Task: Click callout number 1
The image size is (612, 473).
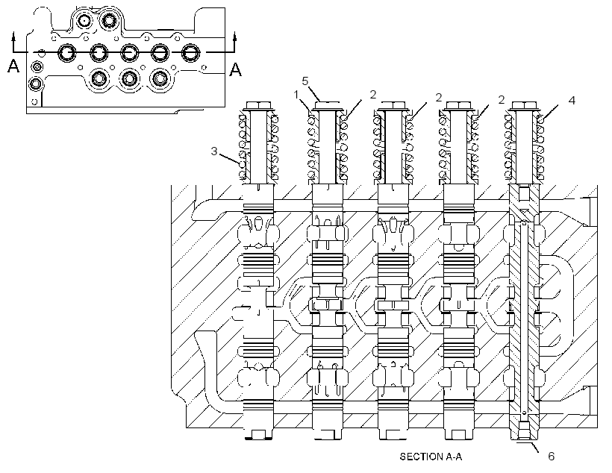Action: coord(296,95)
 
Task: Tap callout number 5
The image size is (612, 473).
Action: coord(305,81)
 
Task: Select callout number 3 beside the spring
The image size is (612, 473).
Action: coord(214,151)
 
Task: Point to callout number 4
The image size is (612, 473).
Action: coord(572,100)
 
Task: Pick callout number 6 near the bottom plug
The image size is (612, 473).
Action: coord(552,457)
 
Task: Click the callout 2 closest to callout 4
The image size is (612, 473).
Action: coord(502,100)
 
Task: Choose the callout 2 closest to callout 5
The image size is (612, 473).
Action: coord(373,95)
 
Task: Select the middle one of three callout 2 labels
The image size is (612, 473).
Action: coord(439,98)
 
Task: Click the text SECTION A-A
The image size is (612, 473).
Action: coord(431,457)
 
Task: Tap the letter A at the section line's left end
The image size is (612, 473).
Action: coord(13,66)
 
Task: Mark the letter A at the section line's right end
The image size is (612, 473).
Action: coord(235,69)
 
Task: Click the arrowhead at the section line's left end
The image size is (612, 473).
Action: coord(14,37)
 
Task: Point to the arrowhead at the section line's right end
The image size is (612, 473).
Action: coord(235,37)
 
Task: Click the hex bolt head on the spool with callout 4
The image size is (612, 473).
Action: coord(522,105)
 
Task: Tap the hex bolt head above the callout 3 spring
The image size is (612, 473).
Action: coord(259,105)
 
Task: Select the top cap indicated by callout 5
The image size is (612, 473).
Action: coord(328,104)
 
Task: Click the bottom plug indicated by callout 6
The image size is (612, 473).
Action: coord(525,433)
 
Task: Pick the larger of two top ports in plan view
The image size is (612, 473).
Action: coord(107,19)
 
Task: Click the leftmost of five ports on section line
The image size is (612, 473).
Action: coord(68,53)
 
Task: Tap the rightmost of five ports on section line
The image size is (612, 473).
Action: coord(190,53)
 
